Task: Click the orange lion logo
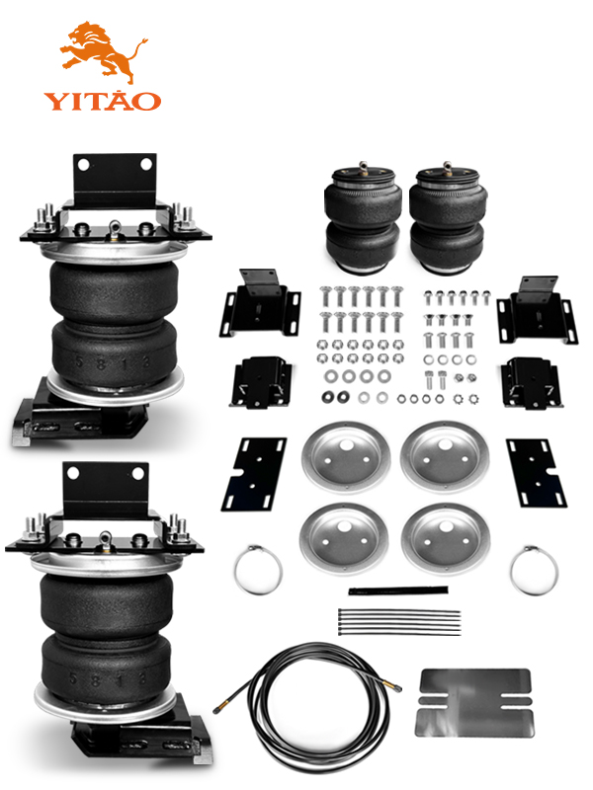point(104,52)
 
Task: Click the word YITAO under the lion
point(103,101)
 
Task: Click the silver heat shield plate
point(474,702)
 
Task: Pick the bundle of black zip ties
point(399,622)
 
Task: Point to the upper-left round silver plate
point(345,457)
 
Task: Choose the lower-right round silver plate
point(446,538)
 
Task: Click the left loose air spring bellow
point(363,218)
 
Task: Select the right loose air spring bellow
point(448,218)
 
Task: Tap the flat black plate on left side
point(254,475)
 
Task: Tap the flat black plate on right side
point(537,474)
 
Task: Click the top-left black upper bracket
point(260,303)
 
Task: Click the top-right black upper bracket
point(536,310)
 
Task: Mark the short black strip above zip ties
point(398,591)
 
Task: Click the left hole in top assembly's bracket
point(83,165)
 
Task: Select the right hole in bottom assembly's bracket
point(136,473)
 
